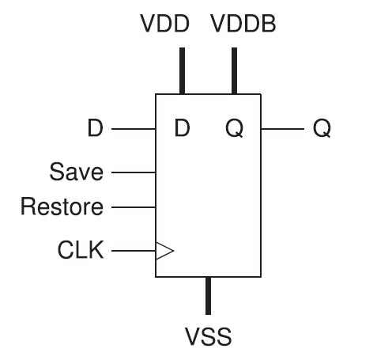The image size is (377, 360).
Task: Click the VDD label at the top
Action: [164, 24]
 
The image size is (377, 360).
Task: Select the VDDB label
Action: [243, 24]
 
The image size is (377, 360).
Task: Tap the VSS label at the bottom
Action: [208, 336]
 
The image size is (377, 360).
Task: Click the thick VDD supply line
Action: [182, 70]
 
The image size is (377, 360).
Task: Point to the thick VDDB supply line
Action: [234, 70]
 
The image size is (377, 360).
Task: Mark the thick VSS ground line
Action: [208, 296]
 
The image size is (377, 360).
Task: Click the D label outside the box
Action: [95, 128]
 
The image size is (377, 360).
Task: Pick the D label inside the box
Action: [182, 128]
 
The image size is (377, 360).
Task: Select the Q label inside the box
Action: [234, 128]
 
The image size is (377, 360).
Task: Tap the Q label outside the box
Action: [322, 128]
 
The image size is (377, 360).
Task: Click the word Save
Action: [77, 172]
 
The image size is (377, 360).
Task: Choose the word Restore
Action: [62, 207]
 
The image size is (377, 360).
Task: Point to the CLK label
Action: [81, 250]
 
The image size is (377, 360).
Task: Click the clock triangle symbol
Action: [164, 251]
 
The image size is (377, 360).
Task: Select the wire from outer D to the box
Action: [134, 129]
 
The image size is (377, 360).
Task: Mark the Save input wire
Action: [134, 172]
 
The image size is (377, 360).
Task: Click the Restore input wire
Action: [134, 207]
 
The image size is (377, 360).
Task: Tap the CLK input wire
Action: [134, 251]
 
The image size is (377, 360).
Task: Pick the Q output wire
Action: [283, 129]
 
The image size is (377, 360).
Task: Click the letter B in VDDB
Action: [269, 24]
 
